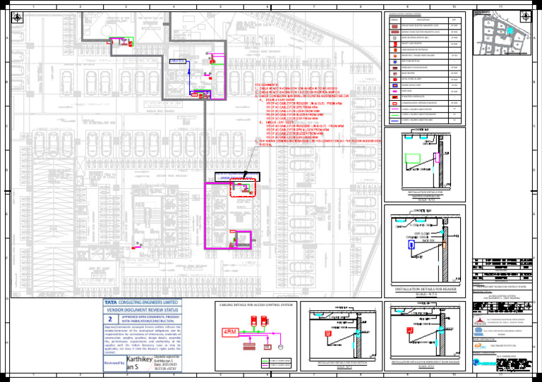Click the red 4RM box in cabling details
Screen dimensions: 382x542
(231, 332)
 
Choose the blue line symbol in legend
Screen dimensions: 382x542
(393, 121)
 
